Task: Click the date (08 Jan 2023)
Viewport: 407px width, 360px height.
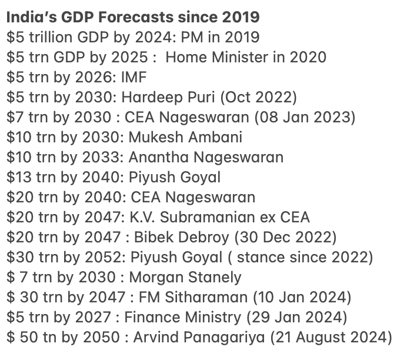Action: click(x=305, y=117)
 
